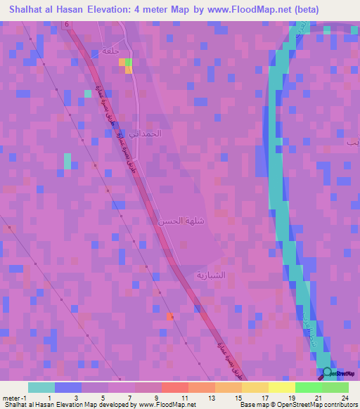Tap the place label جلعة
click(x=110, y=51)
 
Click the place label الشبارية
click(x=210, y=275)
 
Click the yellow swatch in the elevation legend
click(x=282, y=387)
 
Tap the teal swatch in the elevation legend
click(x=41, y=387)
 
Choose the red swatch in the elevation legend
click(x=175, y=387)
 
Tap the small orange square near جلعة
click(x=128, y=70)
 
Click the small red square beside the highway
click(x=170, y=317)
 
